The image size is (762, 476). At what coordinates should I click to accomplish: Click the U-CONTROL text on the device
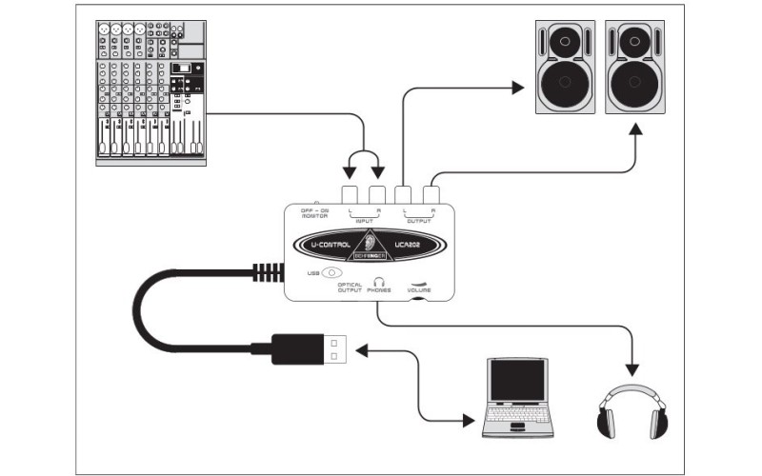pyautogui.click(x=327, y=247)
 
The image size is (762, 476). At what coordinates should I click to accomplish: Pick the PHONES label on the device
pyautogui.click(x=378, y=290)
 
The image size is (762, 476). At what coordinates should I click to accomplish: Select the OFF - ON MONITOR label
pyautogui.click(x=314, y=212)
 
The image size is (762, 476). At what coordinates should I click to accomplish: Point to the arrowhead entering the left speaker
pyautogui.click(x=516, y=88)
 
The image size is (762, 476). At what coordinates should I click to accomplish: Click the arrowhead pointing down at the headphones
pyautogui.click(x=630, y=367)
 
